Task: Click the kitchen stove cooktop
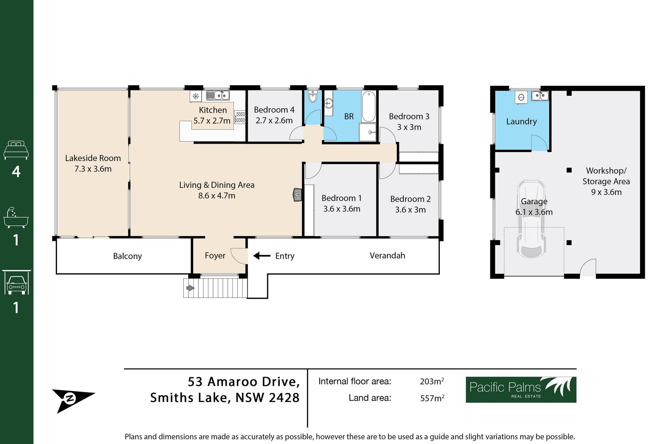tap(240, 117)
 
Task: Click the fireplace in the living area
tap(297, 195)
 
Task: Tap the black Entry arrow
tap(262, 256)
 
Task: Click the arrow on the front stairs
tap(190, 288)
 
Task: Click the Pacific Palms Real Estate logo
tap(521, 390)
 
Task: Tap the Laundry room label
tap(521, 121)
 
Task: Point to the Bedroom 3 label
tap(409, 117)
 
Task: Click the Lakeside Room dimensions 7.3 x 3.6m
tap(93, 169)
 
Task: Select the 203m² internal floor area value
tap(432, 381)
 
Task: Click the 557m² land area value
tap(432, 398)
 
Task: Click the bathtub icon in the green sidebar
tap(16, 217)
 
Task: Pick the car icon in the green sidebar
tap(16, 282)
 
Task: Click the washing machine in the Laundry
tap(521, 97)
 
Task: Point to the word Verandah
tap(387, 256)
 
